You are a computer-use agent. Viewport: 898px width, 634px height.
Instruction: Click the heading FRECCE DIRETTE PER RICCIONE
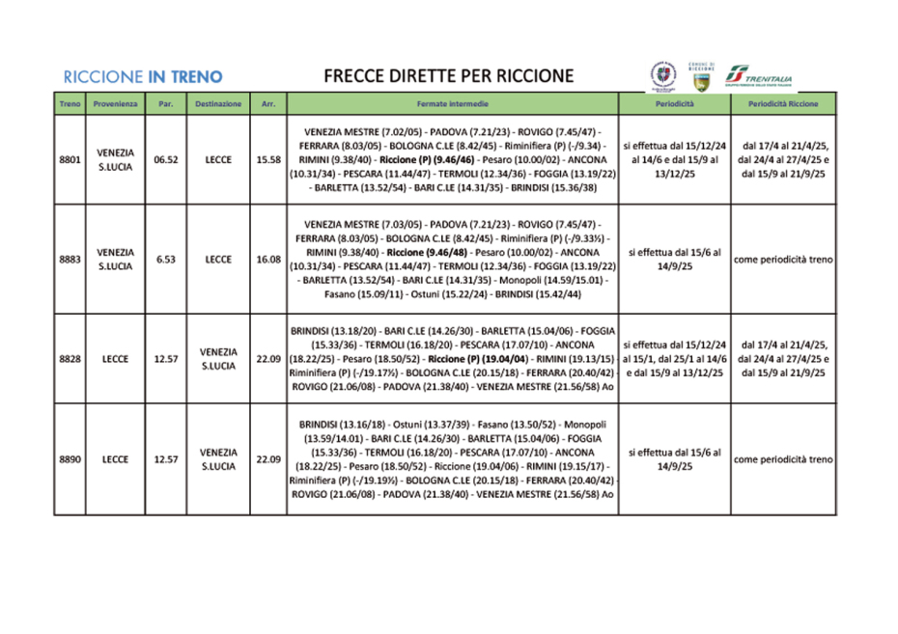click(x=448, y=76)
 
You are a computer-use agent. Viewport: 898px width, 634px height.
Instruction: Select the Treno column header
click(x=70, y=103)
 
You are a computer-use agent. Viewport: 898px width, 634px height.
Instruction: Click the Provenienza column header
click(x=115, y=103)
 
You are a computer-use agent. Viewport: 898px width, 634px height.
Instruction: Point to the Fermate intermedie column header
click(x=453, y=103)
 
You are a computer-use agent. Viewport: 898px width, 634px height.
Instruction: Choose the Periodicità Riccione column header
click(x=783, y=103)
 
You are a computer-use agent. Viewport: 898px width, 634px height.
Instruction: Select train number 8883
click(x=70, y=259)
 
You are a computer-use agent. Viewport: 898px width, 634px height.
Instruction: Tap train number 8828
click(x=70, y=359)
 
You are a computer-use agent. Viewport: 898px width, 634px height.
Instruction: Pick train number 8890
click(x=70, y=459)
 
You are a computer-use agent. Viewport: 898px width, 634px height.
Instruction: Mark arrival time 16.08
click(x=267, y=259)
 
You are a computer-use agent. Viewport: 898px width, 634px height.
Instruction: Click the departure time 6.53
click(x=166, y=259)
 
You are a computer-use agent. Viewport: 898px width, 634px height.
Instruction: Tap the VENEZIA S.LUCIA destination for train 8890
click(x=218, y=459)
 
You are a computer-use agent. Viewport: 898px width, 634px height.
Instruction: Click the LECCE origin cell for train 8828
click(x=115, y=359)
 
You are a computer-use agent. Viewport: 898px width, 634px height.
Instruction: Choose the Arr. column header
click(x=267, y=103)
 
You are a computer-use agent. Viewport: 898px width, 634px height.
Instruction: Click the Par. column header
click(x=166, y=103)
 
